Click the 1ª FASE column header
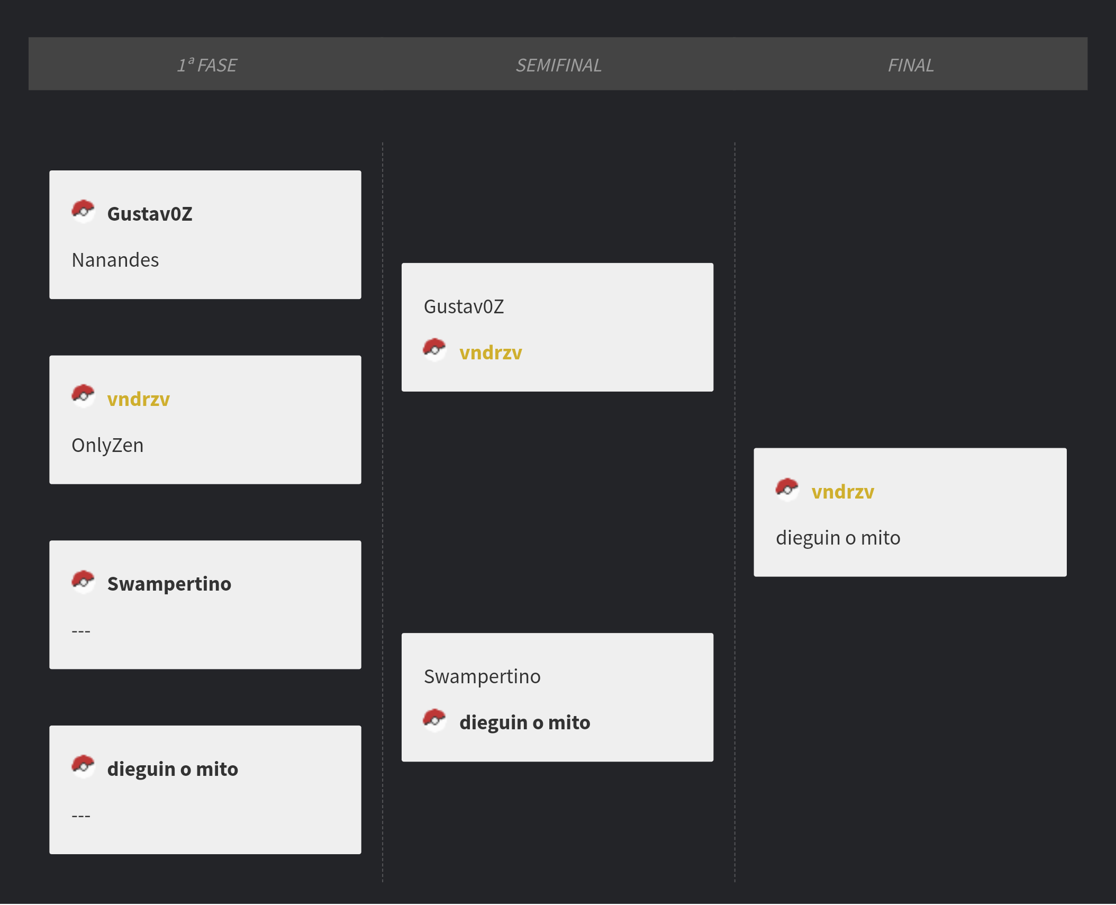pyautogui.click(x=207, y=65)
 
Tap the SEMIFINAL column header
pyautogui.click(x=558, y=65)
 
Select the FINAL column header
pyautogui.click(x=911, y=65)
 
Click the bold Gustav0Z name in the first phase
pyautogui.click(x=150, y=214)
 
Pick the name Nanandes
pyautogui.click(x=115, y=260)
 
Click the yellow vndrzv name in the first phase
pyautogui.click(x=139, y=399)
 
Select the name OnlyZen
pyautogui.click(x=107, y=446)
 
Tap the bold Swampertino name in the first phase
pyautogui.click(x=169, y=584)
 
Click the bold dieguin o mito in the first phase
pyautogui.click(x=173, y=769)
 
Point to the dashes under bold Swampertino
pyautogui.click(x=81, y=631)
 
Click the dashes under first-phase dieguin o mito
pyautogui.click(x=81, y=816)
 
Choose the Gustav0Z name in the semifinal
pyautogui.click(x=464, y=306)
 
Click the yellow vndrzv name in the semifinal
pyautogui.click(x=491, y=353)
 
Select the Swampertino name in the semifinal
pyautogui.click(x=482, y=677)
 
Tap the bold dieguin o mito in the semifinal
pyautogui.click(x=525, y=723)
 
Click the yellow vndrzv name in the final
pyautogui.click(x=843, y=492)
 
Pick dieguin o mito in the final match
pyautogui.click(x=838, y=538)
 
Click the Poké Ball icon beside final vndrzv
pyautogui.click(x=787, y=490)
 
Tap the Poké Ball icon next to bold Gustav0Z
pyautogui.click(x=83, y=212)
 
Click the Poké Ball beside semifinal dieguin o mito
pyautogui.click(x=434, y=720)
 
